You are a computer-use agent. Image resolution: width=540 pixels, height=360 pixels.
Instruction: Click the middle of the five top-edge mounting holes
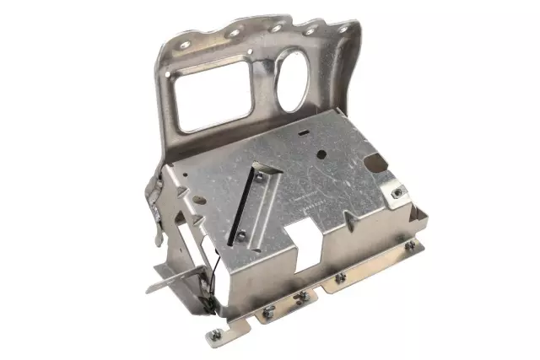click(275, 28)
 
